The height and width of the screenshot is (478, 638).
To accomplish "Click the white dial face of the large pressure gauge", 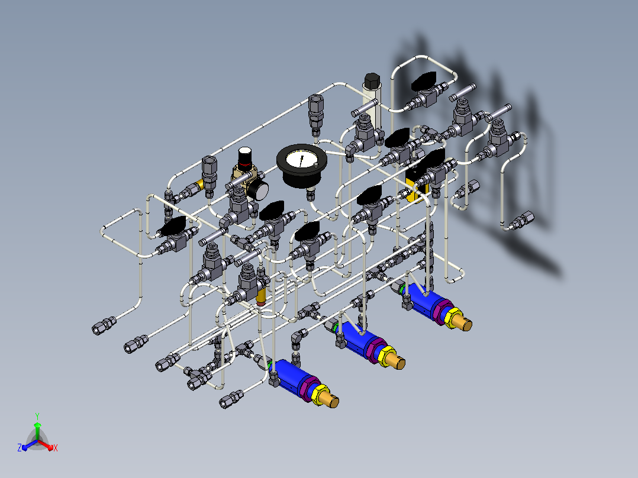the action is coord(301,159).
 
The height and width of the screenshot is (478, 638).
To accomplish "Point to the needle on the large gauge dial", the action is coord(301,160).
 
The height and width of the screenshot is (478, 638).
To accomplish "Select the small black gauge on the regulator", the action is coord(259,190).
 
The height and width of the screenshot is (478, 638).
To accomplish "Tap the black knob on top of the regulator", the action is coord(245,155).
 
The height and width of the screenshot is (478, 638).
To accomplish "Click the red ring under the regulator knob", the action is coord(245,165).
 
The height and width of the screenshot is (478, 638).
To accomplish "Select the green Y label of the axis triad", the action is coord(37,416).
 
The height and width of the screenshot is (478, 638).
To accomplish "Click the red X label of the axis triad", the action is coord(56,448).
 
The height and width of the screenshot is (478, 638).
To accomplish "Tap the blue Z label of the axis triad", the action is coord(19,448).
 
